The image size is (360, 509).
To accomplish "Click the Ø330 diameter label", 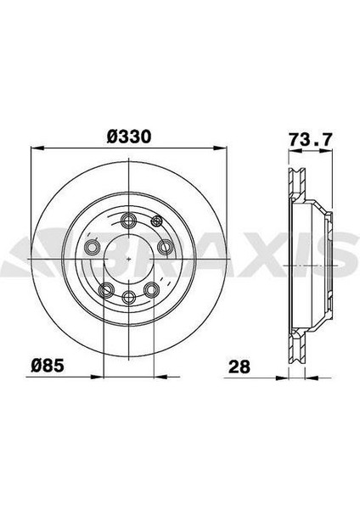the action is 129,137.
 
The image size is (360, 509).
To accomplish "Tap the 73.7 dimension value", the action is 311,140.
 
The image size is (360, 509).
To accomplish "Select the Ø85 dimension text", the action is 48,366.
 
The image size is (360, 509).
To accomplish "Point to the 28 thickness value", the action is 239,366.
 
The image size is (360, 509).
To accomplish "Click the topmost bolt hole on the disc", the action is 129,221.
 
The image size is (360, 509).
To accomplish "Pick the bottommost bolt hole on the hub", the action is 129,296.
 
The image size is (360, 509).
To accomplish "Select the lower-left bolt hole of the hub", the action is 106,289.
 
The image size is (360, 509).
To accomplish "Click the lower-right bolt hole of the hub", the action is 152,289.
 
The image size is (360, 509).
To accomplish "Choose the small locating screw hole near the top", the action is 156,221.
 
